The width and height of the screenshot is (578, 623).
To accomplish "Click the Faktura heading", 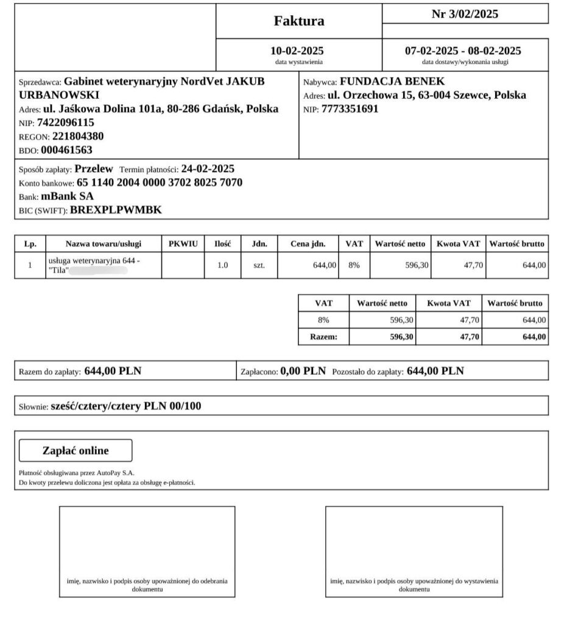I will tap(299, 21).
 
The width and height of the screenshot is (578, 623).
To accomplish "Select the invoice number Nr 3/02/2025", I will tap(465, 15).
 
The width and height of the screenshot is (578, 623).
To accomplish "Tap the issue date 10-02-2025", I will tap(297, 50).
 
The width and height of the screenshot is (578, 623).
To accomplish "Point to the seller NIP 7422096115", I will tap(66, 123).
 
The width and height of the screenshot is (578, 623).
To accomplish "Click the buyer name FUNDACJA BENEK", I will tap(392, 82).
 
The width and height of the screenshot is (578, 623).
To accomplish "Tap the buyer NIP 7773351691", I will tap(350, 109).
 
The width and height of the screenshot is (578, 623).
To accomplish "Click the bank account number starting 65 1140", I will tap(160, 183).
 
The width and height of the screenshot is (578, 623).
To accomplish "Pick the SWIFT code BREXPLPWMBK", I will tap(116, 211).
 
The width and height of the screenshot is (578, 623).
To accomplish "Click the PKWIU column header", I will tap(183, 244).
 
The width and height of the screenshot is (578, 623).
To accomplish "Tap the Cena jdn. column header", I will tap(308, 244).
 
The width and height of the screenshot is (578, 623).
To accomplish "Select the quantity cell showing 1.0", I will tap(223, 265).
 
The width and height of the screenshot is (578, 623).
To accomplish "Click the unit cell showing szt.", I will tap(259, 265).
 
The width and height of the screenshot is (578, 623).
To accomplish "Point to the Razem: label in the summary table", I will tap(323, 336).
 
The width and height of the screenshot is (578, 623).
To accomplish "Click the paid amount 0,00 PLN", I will tap(303, 370).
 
